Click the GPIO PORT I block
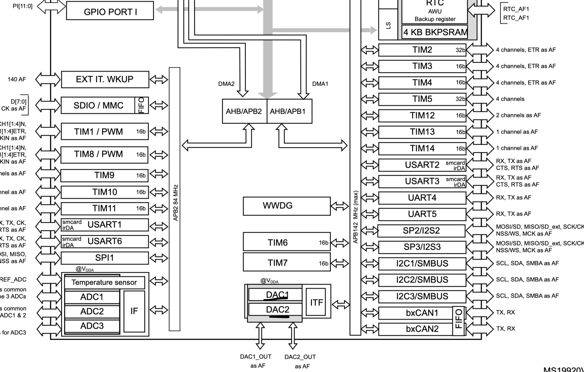pos(110,11)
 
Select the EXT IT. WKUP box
pos(105,79)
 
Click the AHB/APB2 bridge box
pos(244,111)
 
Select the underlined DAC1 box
pos(275,294)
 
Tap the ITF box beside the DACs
pos(316,302)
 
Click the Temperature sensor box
pos(104,282)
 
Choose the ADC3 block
pos(92,326)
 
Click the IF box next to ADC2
pos(134,311)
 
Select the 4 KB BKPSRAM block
pos(435,32)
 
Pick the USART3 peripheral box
pos(422,181)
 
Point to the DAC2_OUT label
pos(300,357)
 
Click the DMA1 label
pos(320,84)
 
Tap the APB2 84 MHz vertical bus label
pos(175,203)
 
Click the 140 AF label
pos(17,79)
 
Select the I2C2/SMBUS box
pos(422,280)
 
